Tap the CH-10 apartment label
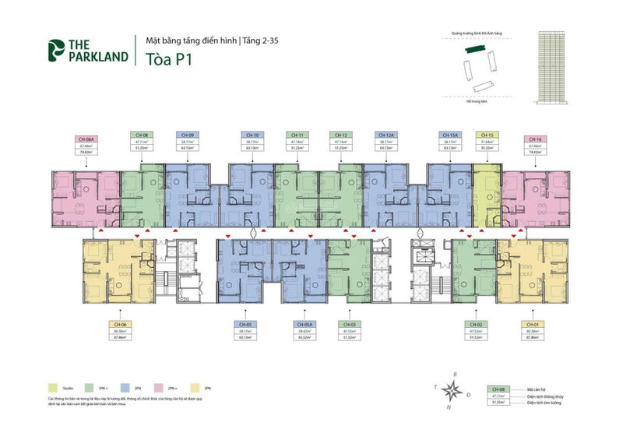(251, 135)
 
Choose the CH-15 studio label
(488, 135)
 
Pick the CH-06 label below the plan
(119, 325)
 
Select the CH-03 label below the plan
(350, 325)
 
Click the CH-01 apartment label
(533, 325)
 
